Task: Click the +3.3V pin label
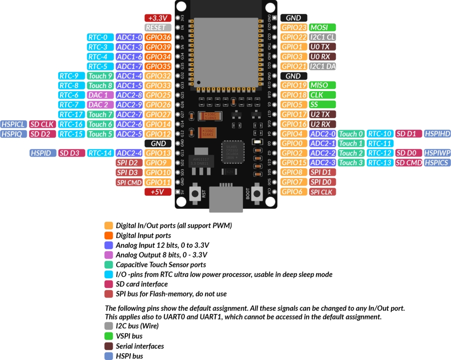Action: coord(158,18)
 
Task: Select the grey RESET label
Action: coord(158,28)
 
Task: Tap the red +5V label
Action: coord(158,192)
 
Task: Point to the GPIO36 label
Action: coord(158,38)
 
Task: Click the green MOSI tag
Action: coord(322,28)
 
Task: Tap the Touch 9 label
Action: coord(100,76)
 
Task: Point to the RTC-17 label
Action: coord(71,115)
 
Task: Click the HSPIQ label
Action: coord(13,134)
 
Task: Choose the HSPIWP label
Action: coord(437,153)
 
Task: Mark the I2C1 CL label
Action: coord(322,38)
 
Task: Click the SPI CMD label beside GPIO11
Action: coord(129,182)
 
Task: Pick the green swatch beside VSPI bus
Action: coord(109,336)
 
